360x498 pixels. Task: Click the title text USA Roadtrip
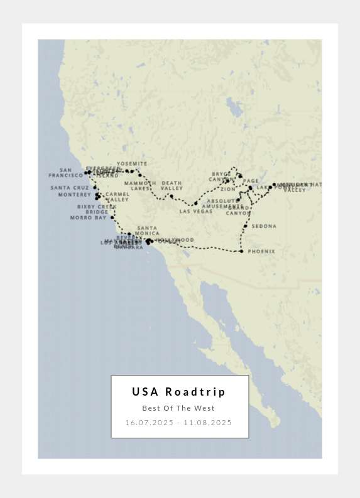click(178, 392)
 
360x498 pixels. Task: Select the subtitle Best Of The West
click(178, 408)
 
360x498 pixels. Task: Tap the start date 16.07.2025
click(150, 423)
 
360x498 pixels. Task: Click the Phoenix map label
click(261, 251)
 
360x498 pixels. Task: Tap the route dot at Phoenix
click(241, 251)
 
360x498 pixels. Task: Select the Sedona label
click(264, 226)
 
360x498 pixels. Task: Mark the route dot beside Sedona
click(246, 225)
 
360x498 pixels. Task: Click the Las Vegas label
click(196, 212)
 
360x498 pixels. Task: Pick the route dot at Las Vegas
click(195, 203)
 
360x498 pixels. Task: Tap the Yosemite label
click(132, 164)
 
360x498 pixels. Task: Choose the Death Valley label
click(172, 186)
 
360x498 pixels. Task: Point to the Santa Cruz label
click(70, 188)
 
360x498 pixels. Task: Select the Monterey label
click(75, 195)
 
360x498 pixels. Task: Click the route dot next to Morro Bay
click(112, 218)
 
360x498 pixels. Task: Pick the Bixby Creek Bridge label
click(97, 209)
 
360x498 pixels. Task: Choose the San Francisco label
click(66, 173)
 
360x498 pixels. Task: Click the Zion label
click(228, 189)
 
